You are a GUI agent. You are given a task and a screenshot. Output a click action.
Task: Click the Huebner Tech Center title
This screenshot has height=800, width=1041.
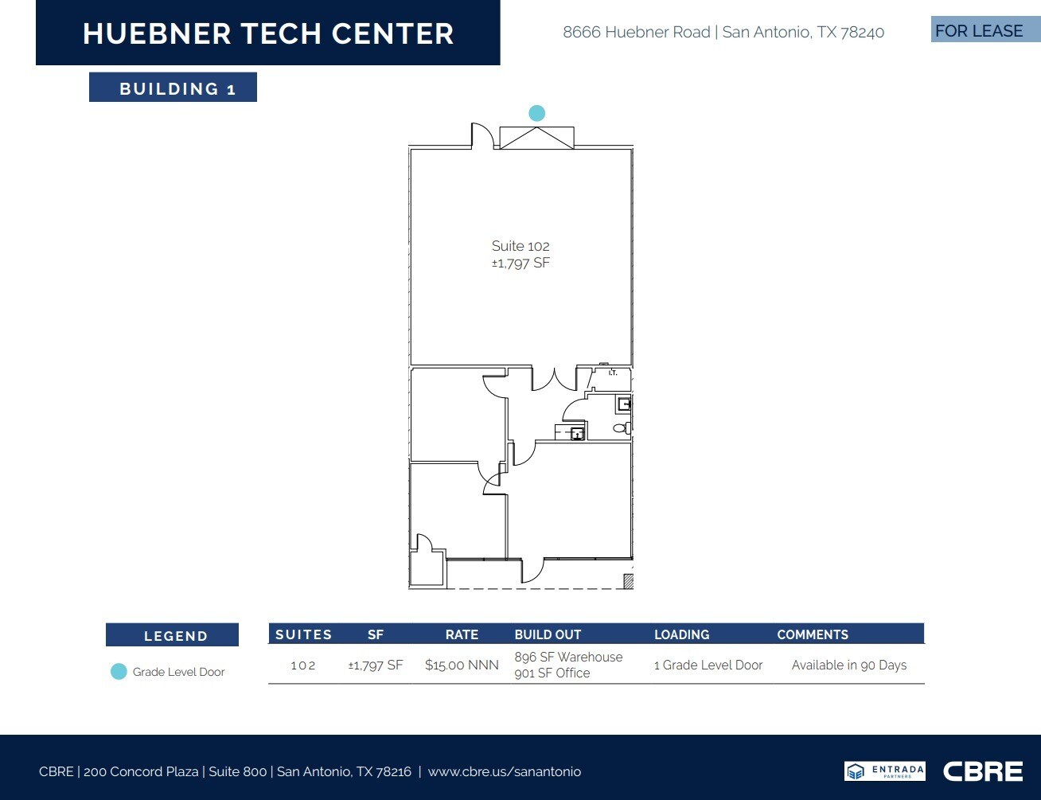pos(268,33)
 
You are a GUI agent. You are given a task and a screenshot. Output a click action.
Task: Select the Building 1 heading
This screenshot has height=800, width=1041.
pos(173,88)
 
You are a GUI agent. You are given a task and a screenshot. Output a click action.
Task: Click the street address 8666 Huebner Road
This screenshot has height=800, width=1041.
pos(637,33)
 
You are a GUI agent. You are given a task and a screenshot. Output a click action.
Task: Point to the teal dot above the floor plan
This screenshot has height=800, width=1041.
pos(537,113)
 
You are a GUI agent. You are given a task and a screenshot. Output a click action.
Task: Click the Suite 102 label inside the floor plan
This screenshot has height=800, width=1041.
pos(520,246)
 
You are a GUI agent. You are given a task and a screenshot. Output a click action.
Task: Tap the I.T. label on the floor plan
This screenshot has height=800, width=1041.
pos(613,373)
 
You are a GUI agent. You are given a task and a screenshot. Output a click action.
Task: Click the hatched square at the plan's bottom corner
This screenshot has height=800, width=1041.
pos(628,582)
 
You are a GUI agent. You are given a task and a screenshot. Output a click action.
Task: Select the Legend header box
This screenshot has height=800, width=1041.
pos(173,635)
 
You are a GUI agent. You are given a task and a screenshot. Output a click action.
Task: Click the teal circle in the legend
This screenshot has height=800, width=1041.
pos(119,672)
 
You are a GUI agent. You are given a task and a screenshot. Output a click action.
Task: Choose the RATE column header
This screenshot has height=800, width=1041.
pos(462,634)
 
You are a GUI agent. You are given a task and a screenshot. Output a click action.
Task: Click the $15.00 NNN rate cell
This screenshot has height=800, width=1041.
pos(462,665)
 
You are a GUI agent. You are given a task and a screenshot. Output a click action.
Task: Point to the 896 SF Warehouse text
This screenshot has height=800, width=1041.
pos(568,657)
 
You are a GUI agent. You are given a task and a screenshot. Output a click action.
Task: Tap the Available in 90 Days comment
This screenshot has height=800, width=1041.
pos(849,665)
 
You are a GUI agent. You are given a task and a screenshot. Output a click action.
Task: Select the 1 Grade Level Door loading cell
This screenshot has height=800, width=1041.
pos(708,665)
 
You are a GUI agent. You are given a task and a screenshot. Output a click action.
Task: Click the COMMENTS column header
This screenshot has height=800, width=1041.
pos(813,634)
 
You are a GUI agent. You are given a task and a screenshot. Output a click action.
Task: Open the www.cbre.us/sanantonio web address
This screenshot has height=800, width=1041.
pos(505,771)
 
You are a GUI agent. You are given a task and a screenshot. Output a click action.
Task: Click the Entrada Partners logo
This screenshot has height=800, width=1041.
pos(884,771)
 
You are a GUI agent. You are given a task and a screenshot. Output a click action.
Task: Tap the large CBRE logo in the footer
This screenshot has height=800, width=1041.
pos(983,771)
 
